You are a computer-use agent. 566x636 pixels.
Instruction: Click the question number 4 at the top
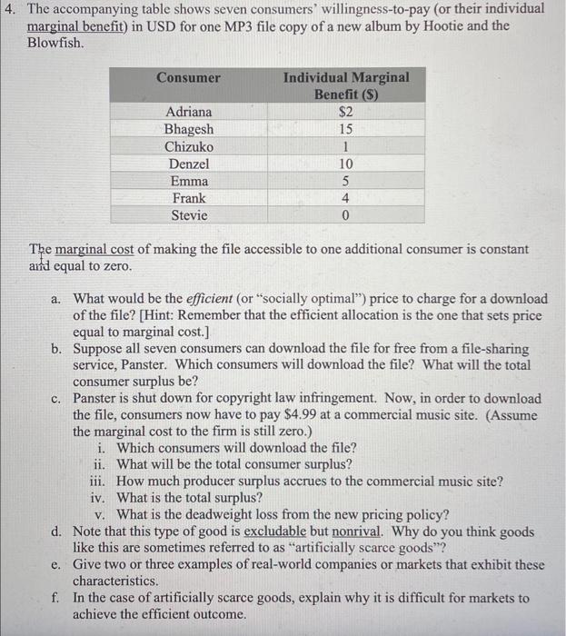(x=8, y=8)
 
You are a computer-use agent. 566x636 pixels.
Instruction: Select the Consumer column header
(x=188, y=78)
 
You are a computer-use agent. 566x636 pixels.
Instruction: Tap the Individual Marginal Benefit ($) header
(x=346, y=85)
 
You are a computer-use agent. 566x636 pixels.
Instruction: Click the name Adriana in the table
(x=188, y=112)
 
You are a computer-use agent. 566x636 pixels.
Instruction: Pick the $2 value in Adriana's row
(x=345, y=112)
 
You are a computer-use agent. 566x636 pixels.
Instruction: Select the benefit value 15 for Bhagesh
(x=345, y=129)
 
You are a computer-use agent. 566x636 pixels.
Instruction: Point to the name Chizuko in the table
(x=188, y=146)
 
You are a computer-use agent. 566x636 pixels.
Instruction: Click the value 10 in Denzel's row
(x=345, y=164)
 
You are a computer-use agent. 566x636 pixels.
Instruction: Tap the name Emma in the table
(x=188, y=181)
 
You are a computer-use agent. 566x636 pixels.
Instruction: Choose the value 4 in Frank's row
(x=345, y=198)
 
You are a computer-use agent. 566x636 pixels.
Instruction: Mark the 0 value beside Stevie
(x=345, y=215)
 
